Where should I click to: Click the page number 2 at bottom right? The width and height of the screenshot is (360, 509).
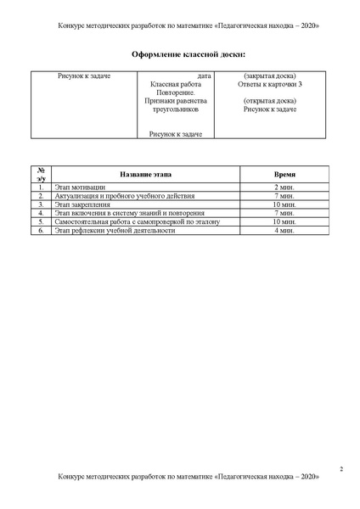pyautogui.click(x=340, y=468)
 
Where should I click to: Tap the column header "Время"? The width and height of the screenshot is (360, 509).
pyautogui.click(x=284, y=173)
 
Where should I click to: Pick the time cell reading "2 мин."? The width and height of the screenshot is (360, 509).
pyautogui.click(x=284, y=186)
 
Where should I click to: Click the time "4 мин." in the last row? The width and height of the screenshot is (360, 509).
pyautogui.click(x=284, y=231)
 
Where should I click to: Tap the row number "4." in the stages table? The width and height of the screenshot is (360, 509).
pyautogui.click(x=40, y=213)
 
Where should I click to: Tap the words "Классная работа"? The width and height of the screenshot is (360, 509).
pyautogui.click(x=177, y=85)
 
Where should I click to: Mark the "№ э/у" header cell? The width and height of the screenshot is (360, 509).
pyautogui.click(x=40, y=173)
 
